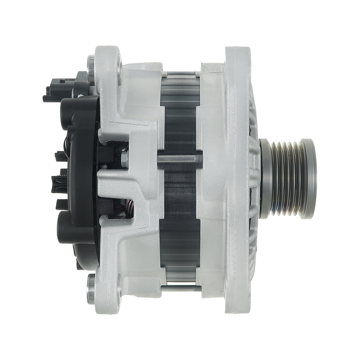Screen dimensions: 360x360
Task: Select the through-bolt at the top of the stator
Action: (180, 72)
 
